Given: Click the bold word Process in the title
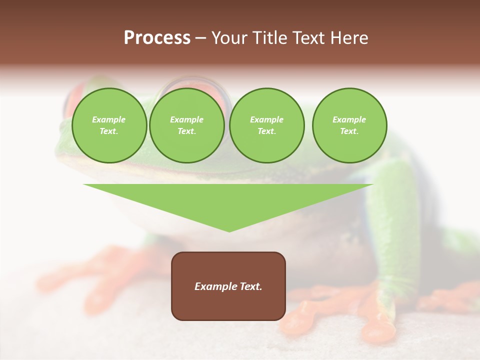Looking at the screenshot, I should click(157, 38).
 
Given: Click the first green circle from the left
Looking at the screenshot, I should click(109, 125).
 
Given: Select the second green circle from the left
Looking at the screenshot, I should click(187, 125).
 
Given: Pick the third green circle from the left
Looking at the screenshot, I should click(267, 125).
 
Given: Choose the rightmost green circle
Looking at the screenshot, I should click(349, 125).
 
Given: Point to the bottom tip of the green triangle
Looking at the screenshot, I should click(229, 231).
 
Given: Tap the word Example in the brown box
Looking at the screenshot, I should click(215, 286).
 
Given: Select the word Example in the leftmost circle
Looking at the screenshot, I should click(109, 119).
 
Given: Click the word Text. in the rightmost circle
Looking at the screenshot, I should click(349, 131).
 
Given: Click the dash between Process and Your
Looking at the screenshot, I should click(200, 38).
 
